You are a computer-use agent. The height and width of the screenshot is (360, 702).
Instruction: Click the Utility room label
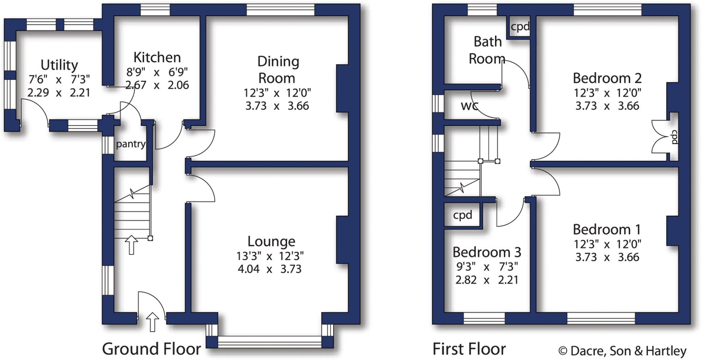(x=59, y=65)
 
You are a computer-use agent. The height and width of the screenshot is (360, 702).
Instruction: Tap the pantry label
(x=130, y=144)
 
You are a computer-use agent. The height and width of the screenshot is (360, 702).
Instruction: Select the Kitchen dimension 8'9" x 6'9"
(x=157, y=72)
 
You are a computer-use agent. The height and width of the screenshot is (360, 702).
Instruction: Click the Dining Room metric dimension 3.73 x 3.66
(x=277, y=106)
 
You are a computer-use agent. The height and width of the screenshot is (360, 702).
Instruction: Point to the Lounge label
(x=271, y=241)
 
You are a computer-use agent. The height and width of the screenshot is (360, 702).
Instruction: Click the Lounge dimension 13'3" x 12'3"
(x=270, y=256)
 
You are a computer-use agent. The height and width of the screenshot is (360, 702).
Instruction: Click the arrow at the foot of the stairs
(x=131, y=244)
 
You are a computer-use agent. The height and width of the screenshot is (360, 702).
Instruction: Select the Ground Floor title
(x=151, y=349)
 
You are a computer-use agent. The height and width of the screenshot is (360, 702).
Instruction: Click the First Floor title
(x=469, y=349)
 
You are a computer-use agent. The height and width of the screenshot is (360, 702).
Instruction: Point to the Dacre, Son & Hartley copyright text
(x=622, y=351)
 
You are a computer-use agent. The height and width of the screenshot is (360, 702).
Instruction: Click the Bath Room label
(x=487, y=50)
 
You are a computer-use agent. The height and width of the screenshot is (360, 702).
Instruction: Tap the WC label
(x=469, y=106)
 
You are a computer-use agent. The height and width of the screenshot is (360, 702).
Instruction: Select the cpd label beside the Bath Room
(x=520, y=27)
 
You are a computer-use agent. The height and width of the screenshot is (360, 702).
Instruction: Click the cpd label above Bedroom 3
(x=462, y=215)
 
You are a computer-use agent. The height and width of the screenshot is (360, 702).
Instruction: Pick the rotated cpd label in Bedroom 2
(x=674, y=137)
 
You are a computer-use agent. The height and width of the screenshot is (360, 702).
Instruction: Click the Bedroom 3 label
(x=487, y=252)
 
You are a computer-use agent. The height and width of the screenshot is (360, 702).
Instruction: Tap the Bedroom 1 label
(x=607, y=229)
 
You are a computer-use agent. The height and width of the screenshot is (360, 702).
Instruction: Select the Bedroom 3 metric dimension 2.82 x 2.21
(x=487, y=280)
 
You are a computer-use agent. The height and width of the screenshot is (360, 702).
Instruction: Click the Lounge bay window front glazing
(x=269, y=342)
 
